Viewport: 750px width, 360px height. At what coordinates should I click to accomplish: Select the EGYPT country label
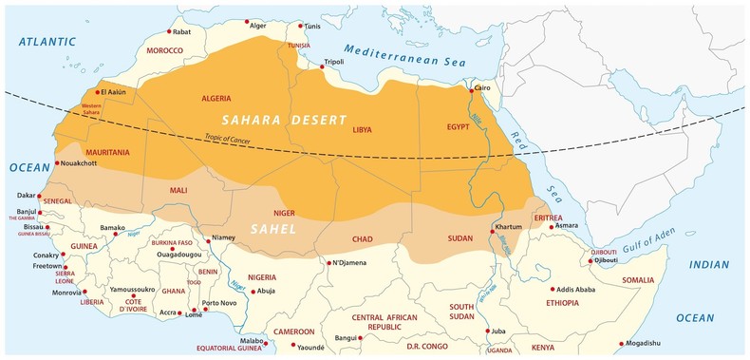pyautogui.click(x=459, y=126)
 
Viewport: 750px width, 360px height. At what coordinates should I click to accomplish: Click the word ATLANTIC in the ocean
pyautogui.click(x=47, y=43)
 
